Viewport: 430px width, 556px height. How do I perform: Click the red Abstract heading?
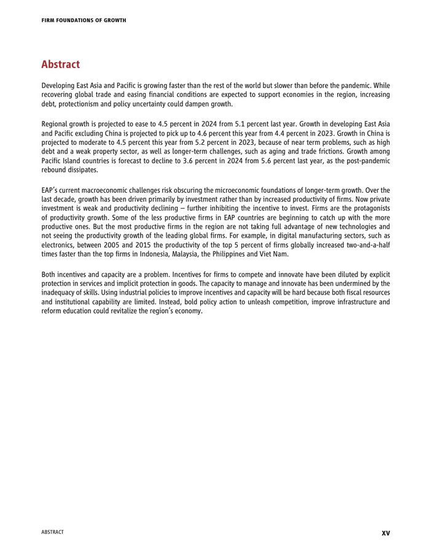(60, 64)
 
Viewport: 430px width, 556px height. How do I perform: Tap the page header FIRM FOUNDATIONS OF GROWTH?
(84, 20)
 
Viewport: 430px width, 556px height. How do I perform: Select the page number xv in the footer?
(385, 533)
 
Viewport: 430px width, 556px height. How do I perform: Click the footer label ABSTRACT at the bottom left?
(52, 532)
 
